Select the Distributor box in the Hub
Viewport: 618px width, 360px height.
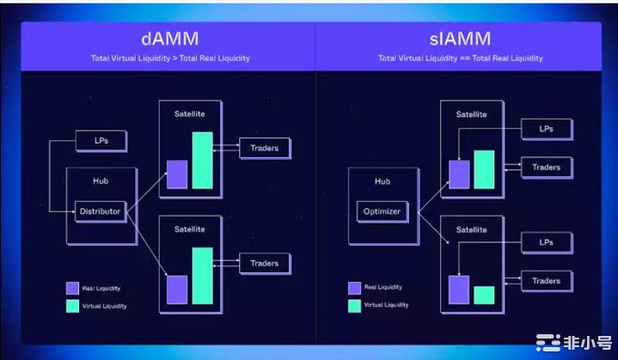100,211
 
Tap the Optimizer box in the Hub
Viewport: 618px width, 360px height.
381,211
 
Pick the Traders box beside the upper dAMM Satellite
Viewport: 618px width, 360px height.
264,148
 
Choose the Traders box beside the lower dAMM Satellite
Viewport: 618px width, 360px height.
264,263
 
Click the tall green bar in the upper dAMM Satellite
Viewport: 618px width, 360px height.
202,160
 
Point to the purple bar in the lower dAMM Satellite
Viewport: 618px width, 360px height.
177,290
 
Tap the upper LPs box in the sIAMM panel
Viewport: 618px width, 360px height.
546,129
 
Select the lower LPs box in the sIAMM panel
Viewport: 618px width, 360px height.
546,243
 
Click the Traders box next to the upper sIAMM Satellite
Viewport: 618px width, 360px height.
546,168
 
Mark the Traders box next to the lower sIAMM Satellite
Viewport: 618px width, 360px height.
546,281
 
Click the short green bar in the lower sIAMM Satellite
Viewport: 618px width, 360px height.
484,295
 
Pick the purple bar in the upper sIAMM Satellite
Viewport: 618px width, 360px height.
459,174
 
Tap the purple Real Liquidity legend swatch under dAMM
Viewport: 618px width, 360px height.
73,289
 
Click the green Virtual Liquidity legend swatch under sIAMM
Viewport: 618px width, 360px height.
354,305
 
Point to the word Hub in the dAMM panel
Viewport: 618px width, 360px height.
100,182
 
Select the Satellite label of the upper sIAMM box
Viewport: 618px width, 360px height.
471,114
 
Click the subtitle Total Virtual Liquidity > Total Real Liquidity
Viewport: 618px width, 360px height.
170,58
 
